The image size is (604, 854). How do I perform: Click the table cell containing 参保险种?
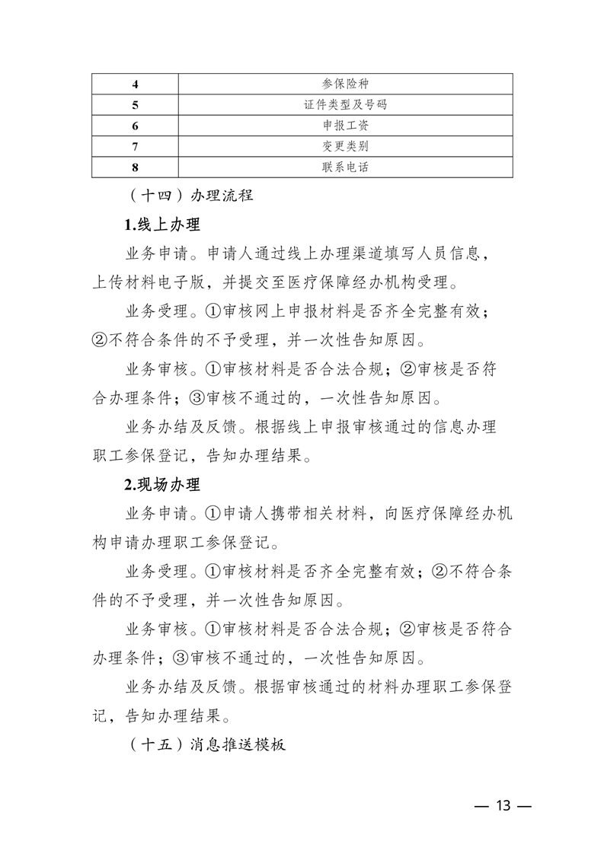click(x=345, y=84)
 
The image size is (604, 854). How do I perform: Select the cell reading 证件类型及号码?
click(x=345, y=104)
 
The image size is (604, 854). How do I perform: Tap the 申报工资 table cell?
click(x=345, y=125)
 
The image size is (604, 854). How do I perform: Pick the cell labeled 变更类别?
click(x=345, y=145)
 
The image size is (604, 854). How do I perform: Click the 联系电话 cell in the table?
click(x=345, y=166)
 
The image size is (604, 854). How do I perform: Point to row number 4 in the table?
click(x=135, y=84)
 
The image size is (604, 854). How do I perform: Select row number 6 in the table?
click(x=135, y=125)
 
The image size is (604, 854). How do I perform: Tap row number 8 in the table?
click(x=135, y=166)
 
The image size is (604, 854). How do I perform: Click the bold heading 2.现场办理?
click(x=162, y=484)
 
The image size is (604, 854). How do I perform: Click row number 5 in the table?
click(x=135, y=104)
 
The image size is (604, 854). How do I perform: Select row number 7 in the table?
click(x=135, y=145)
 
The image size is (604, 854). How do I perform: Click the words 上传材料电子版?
click(x=149, y=283)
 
